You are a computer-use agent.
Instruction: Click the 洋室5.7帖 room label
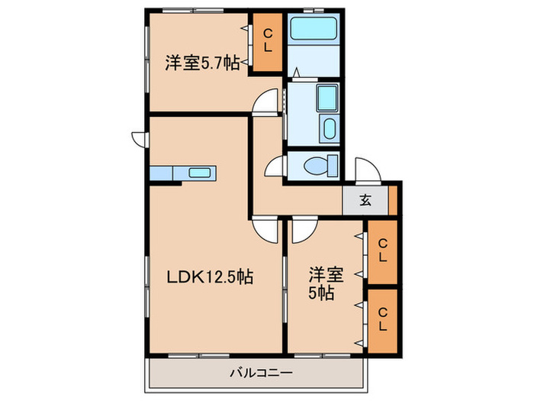(201, 64)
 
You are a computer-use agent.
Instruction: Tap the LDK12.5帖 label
(210, 276)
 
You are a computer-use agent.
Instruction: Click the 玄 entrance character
(365, 201)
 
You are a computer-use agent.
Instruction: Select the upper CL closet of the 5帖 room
(382, 251)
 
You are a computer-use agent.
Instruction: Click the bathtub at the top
(314, 30)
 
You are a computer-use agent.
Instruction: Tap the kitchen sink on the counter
(201, 173)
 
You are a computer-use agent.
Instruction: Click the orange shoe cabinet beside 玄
(393, 200)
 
